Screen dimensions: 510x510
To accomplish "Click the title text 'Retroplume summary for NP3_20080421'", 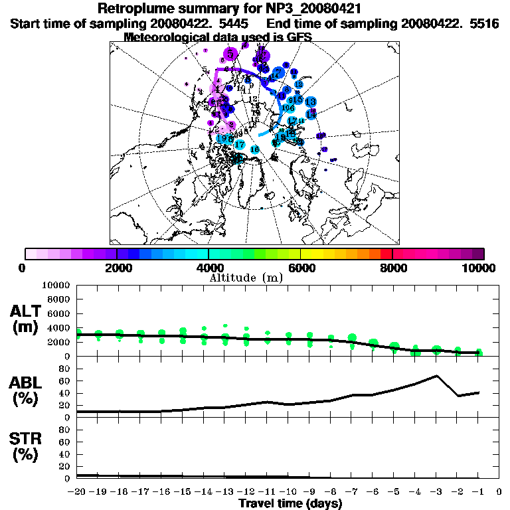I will point(229,9).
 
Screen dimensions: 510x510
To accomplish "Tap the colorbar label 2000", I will point(117,268).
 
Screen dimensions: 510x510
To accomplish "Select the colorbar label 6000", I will point(301,268).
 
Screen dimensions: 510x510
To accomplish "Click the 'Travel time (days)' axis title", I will point(290,503).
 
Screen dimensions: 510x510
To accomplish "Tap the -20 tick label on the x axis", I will point(77,492).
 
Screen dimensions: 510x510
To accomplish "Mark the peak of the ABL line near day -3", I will point(436,376).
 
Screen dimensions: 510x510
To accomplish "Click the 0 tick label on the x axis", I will point(499,492).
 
